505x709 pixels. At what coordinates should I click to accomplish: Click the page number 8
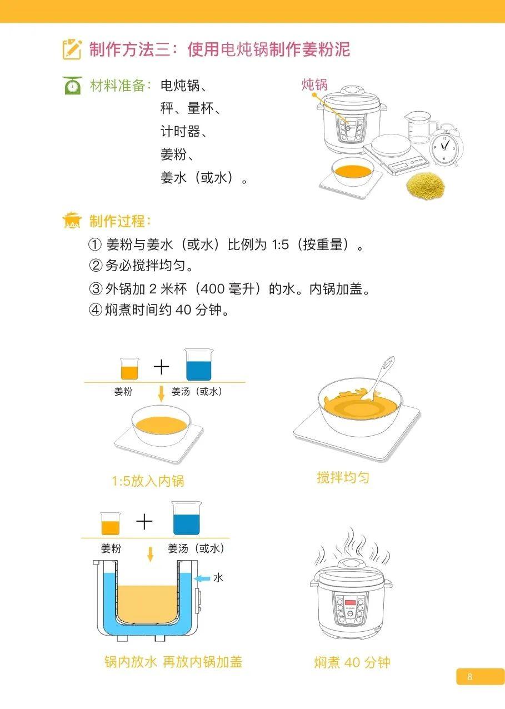coord(469,677)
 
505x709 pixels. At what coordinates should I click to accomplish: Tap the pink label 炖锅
coord(314,84)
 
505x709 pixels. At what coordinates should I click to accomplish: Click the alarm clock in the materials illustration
coord(446,145)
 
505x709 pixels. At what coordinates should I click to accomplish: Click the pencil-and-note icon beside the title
coord(72,49)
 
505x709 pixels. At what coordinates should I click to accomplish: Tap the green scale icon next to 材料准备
coord(72,86)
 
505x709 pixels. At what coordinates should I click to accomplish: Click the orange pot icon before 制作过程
coord(72,221)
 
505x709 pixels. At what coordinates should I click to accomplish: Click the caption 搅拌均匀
coord(343,477)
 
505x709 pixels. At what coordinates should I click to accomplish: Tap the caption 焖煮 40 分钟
coord(352,662)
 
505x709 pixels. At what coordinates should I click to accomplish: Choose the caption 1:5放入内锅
coord(148,481)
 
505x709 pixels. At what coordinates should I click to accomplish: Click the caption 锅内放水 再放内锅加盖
coord(173,662)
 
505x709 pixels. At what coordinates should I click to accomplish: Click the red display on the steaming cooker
coord(349,603)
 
